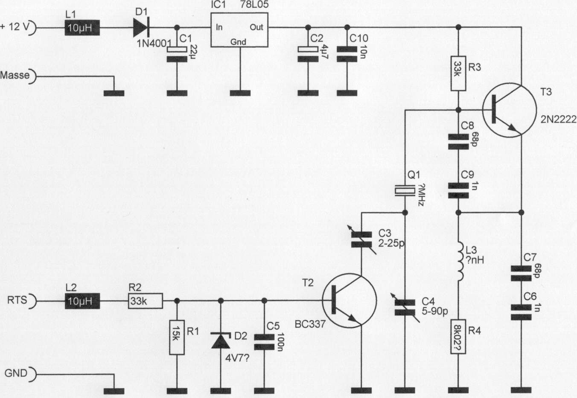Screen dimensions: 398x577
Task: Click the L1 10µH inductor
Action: [x=82, y=28]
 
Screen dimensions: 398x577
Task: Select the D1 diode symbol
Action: [x=140, y=28]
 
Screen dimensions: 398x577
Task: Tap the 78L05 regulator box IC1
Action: [x=239, y=29]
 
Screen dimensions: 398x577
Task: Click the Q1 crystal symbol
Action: [x=404, y=190]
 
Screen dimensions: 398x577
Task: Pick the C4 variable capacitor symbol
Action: [x=404, y=307]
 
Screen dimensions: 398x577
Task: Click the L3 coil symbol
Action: [x=460, y=261]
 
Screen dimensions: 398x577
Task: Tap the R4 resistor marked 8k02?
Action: [x=458, y=337]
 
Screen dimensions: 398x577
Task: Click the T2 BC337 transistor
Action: [x=349, y=301]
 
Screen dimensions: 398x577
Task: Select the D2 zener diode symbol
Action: [x=221, y=340]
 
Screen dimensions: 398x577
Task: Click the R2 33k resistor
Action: [x=146, y=301]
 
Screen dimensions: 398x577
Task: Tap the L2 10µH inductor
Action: [x=82, y=301]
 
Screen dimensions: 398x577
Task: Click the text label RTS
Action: [x=17, y=300]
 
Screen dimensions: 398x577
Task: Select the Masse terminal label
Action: [x=15, y=76]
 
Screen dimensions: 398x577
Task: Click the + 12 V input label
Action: [x=15, y=26]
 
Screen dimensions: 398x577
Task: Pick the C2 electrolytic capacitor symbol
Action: [x=307, y=54]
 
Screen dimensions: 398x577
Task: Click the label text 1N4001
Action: [x=154, y=43]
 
